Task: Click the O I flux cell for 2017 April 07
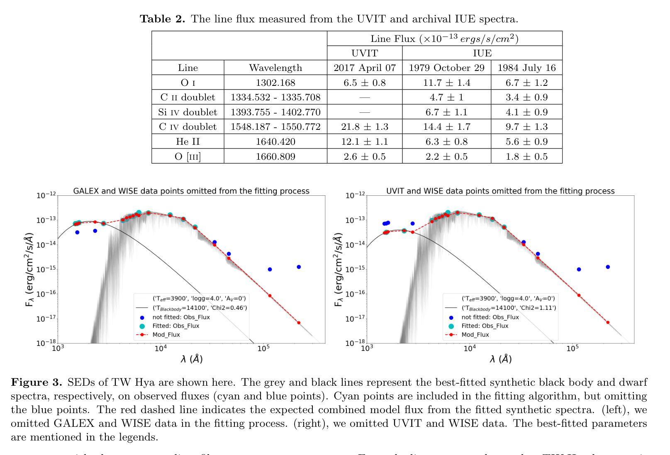point(364,83)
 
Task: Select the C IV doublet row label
point(188,127)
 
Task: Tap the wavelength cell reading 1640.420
point(275,141)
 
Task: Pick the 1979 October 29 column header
point(446,68)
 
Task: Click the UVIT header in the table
point(364,53)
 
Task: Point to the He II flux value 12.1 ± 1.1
point(364,141)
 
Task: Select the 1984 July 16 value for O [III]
point(526,156)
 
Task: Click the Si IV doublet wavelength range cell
point(275,112)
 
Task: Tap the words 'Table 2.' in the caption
point(162,19)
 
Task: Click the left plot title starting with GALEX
point(191,191)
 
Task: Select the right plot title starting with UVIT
point(500,191)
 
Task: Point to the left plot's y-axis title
point(29,270)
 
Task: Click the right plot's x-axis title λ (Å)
point(500,359)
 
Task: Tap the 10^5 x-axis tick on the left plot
point(263,349)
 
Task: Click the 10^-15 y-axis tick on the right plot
point(356,269)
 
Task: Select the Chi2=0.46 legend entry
point(200,308)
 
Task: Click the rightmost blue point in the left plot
point(299,267)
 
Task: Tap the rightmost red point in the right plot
point(608,322)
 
